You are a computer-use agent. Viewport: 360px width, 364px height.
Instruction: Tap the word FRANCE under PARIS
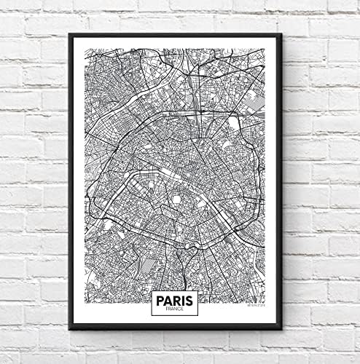coord(175,309)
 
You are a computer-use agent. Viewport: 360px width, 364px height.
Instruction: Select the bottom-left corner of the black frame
coord(69,329)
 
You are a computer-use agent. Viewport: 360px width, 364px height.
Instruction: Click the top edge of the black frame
coord(175,35)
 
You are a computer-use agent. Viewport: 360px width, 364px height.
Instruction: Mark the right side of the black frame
coord(281,182)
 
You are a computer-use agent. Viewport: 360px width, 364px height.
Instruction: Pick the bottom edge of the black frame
coord(175,329)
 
